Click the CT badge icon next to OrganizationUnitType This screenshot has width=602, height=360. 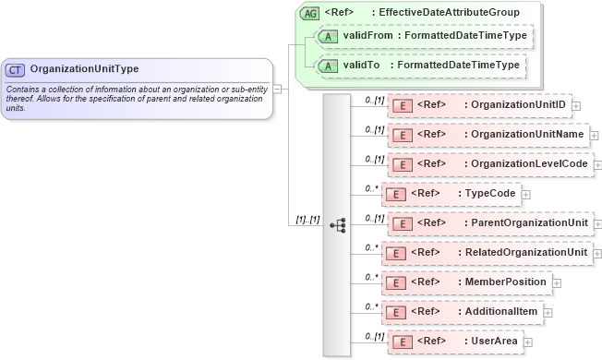click(15, 69)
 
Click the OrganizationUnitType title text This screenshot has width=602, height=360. click(84, 69)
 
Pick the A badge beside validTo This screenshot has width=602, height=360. click(327, 66)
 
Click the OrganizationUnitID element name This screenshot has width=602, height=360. click(517, 105)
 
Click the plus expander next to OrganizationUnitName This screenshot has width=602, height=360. click(594, 135)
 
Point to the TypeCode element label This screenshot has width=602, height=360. click(488, 194)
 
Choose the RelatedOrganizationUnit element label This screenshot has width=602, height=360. click(526, 253)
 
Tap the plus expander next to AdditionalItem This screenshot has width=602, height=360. click(548, 312)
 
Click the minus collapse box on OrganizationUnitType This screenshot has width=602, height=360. click(278, 90)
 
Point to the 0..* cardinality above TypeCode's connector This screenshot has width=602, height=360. click(371, 187)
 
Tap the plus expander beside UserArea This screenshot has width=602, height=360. click(528, 342)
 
